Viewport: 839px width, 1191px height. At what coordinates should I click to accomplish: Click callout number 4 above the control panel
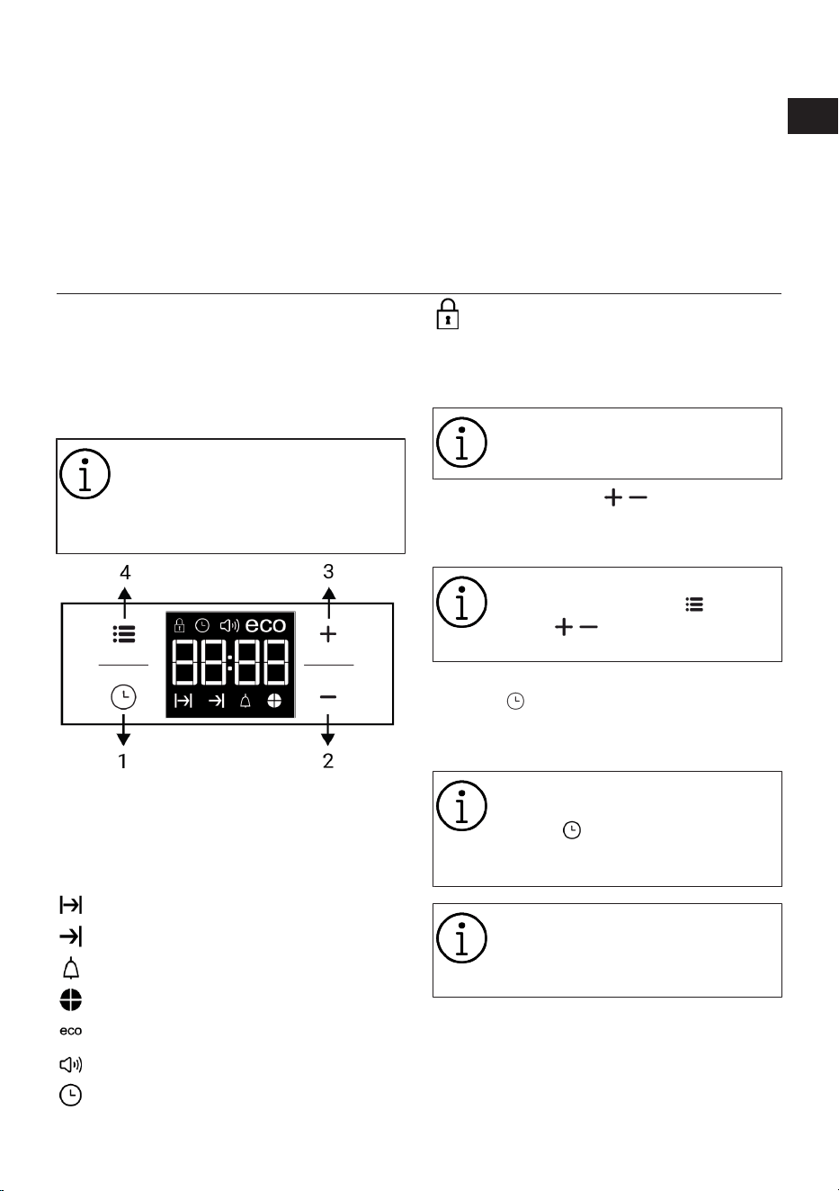[x=125, y=572]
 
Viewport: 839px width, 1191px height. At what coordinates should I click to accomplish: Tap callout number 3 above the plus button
[x=328, y=571]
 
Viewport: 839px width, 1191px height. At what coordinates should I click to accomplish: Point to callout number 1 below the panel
[x=123, y=761]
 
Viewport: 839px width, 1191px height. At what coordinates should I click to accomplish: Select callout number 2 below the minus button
[x=328, y=761]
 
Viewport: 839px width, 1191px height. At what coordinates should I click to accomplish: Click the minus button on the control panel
[x=328, y=696]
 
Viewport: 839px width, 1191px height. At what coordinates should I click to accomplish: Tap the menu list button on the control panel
[x=124, y=634]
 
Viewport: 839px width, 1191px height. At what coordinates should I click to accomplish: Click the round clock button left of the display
[x=123, y=696]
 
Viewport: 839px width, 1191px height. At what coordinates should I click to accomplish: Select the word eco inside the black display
[x=266, y=625]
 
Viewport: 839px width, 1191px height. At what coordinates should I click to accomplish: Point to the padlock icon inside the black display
[x=179, y=625]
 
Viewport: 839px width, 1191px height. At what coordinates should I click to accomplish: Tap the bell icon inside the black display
[x=245, y=702]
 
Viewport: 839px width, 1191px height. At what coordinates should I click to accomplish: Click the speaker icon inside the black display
[x=229, y=625]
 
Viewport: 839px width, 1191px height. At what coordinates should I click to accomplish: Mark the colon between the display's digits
[x=230, y=662]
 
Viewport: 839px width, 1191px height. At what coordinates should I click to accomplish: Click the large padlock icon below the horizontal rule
[x=448, y=314]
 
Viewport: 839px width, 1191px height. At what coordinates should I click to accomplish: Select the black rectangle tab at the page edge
[x=812, y=116]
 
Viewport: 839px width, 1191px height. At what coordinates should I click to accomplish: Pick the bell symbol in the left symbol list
[x=71, y=969]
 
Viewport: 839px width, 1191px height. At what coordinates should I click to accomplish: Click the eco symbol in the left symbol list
[x=71, y=1031]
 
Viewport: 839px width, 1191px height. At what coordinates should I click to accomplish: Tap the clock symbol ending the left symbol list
[x=71, y=1096]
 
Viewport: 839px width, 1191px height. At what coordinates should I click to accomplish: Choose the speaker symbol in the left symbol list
[x=71, y=1064]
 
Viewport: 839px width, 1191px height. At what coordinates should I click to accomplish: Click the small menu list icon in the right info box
[x=694, y=604]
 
